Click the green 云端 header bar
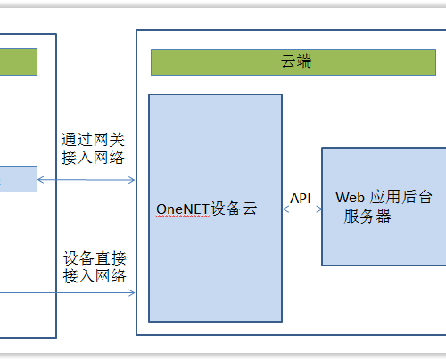click(293, 62)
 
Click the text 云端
click(296, 61)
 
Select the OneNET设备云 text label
click(206, 209)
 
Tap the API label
click(301, 199)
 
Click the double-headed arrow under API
click(302, 209)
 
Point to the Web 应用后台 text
click(384, 197)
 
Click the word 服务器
click(368, 216)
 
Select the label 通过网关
click(93, 140)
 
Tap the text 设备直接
click(95, 258)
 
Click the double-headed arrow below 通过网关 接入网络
click(87, 180)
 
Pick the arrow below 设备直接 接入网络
click(68, 293)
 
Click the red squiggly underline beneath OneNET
click(183, 217)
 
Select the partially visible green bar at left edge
click(19, 61)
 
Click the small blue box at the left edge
click(19, 179)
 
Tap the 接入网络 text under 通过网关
click(93, 158)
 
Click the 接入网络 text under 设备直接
click(95, 276)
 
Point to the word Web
click(350, 198)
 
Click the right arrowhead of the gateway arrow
click(132, 180)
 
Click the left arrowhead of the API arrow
click(285, 209)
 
